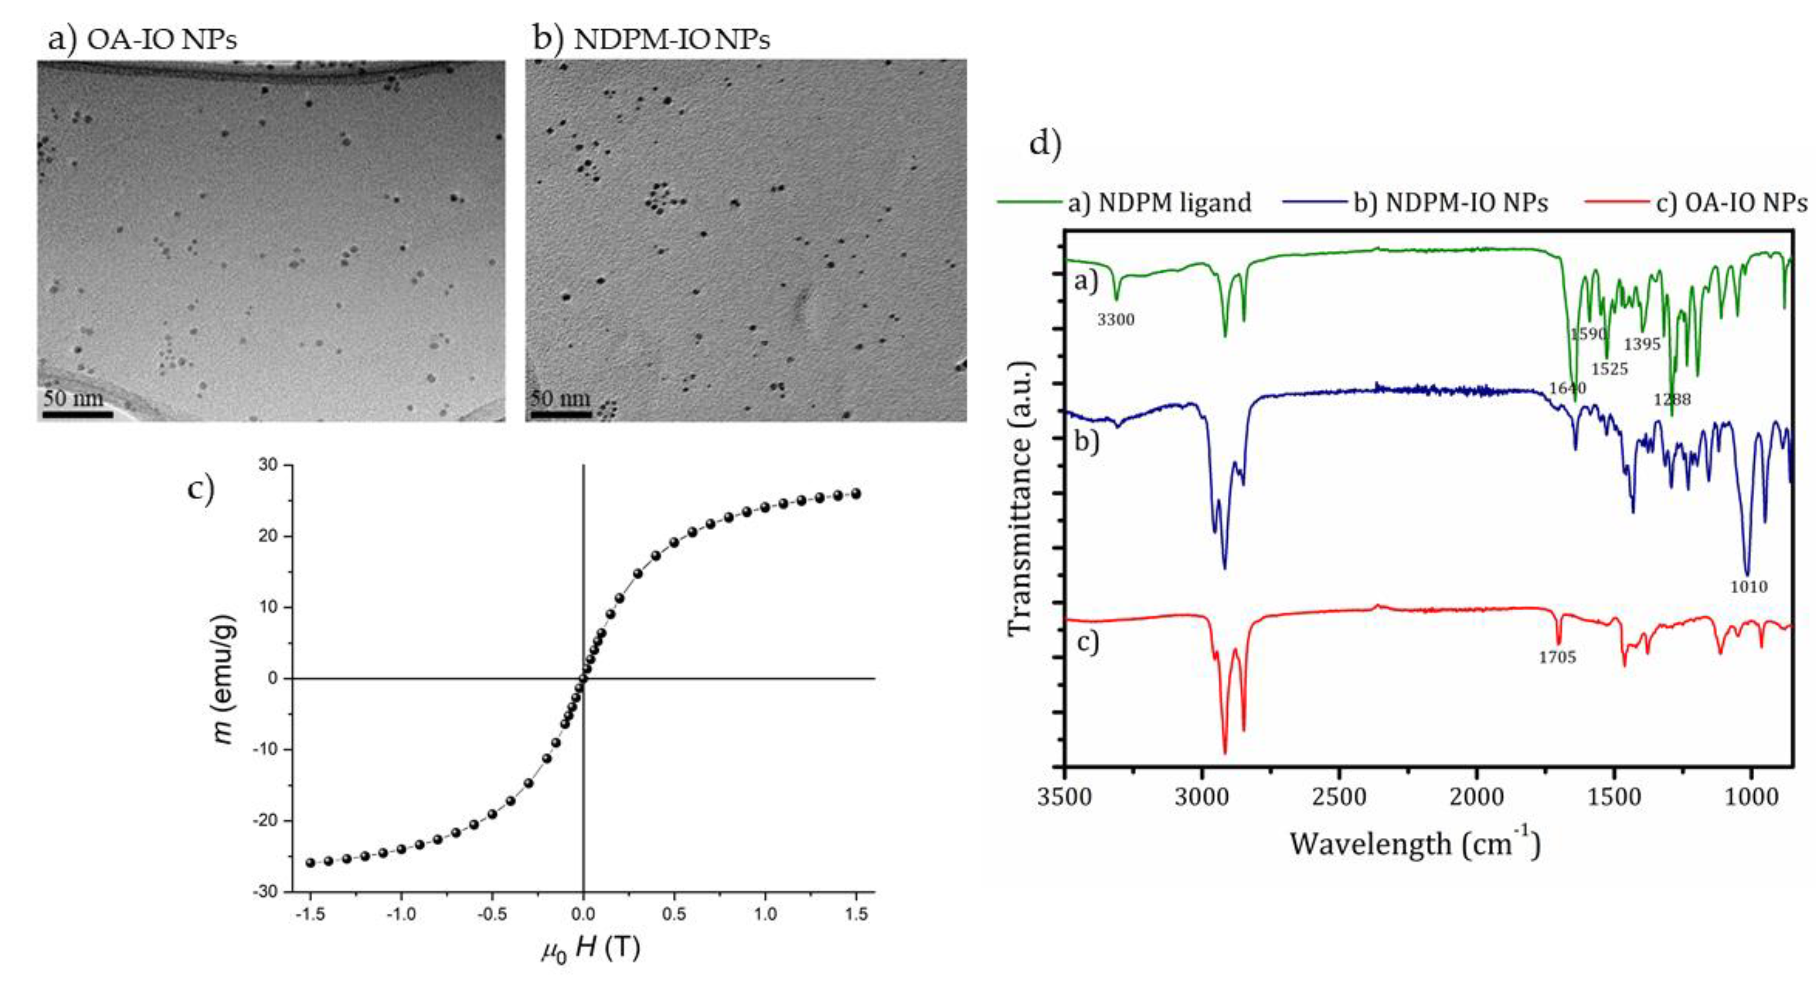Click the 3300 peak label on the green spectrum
click(x=1116, y=320)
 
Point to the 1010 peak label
click(x=1749, y=587)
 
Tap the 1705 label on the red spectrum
click(x=1557, y=657)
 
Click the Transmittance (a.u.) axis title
click(x=1020, y=500)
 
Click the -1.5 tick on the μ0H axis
click(x=310, y=914)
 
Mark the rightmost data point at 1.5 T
click(x=856, y=493)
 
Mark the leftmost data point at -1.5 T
click(x=310, y=862)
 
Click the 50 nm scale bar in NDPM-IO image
click(x=561, y=414)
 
